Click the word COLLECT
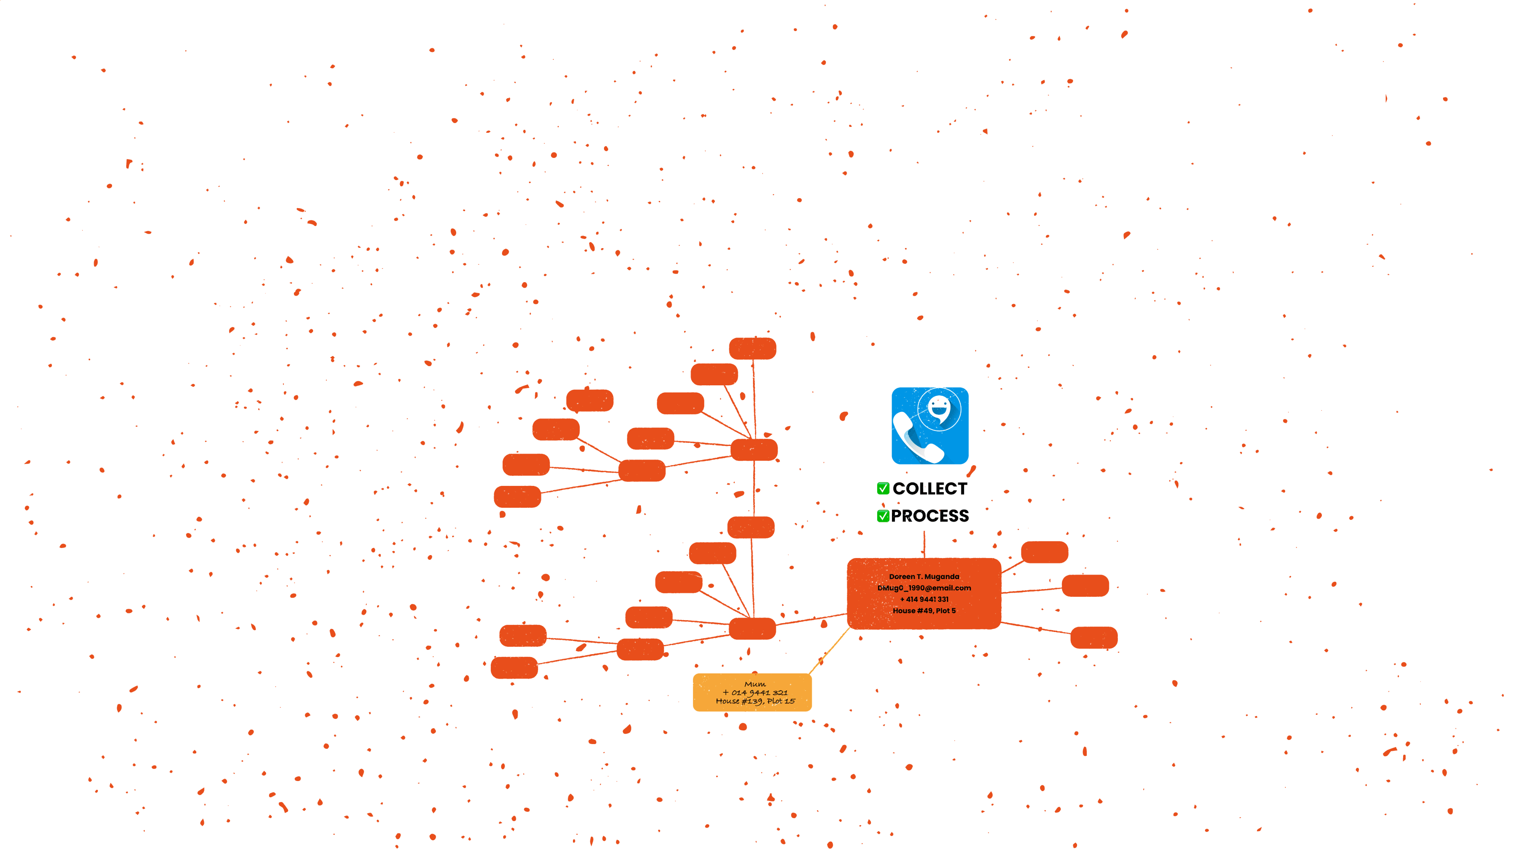coord(929,488)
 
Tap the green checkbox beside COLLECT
coord(882,488)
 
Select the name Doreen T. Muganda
coord(924,577)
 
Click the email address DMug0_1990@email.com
coord(924,588)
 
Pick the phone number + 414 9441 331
coord(924,599)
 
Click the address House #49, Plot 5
coord(924,610)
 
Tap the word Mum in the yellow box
coord(755,684)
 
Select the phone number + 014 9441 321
coord(755,692)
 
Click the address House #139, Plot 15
coord(755,701)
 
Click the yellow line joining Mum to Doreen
coord(829,651)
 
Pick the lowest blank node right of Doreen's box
coord(1094,638)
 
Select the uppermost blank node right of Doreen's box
coord(1045,552)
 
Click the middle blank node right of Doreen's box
coord(1085,586)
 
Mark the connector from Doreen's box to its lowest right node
coord(1036,628)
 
